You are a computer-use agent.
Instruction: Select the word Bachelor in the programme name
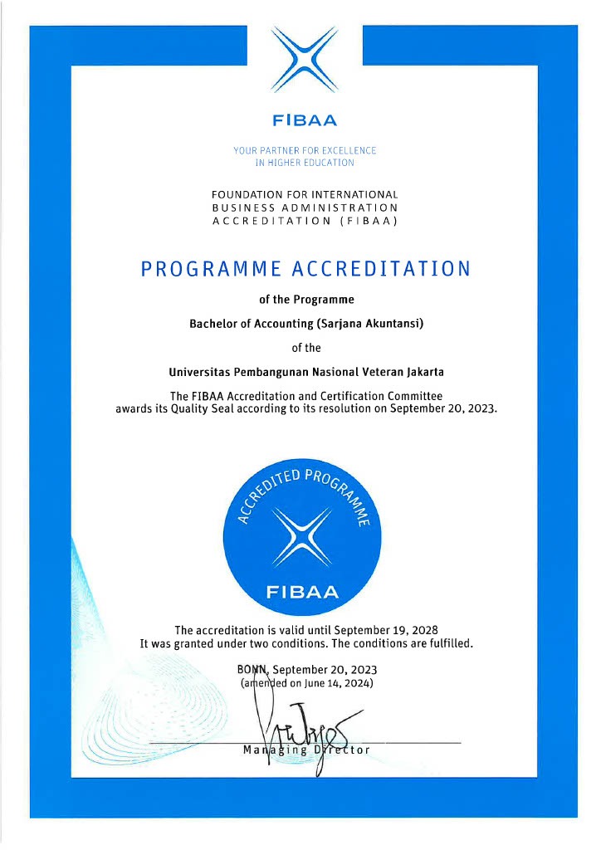coord(214,324)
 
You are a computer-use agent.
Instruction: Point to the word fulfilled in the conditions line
coord(445,642)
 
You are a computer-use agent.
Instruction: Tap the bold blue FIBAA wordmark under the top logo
coord(305,120)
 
